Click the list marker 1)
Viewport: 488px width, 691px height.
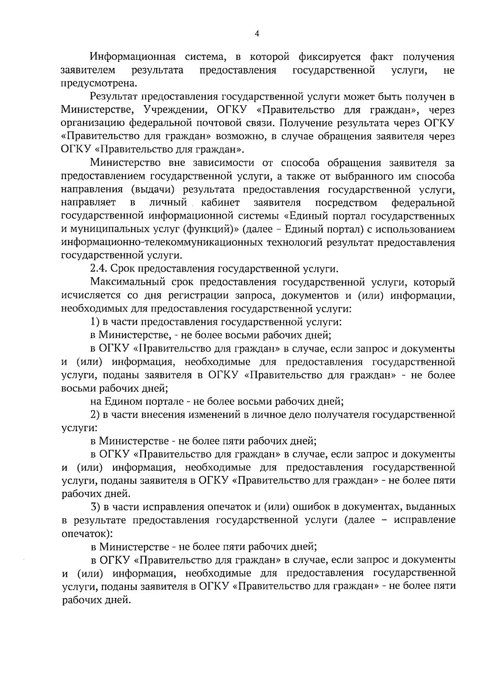95,322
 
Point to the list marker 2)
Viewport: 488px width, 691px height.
95,415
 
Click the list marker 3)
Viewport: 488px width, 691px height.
95,507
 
